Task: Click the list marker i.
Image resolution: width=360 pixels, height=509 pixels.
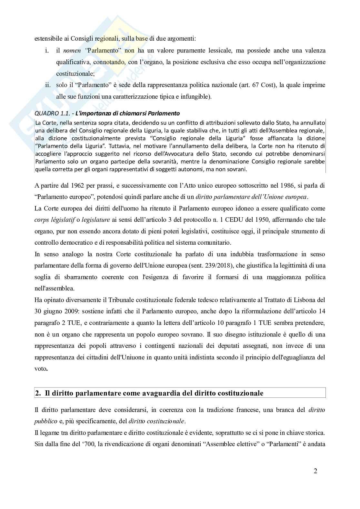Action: [x=47, y=51]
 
